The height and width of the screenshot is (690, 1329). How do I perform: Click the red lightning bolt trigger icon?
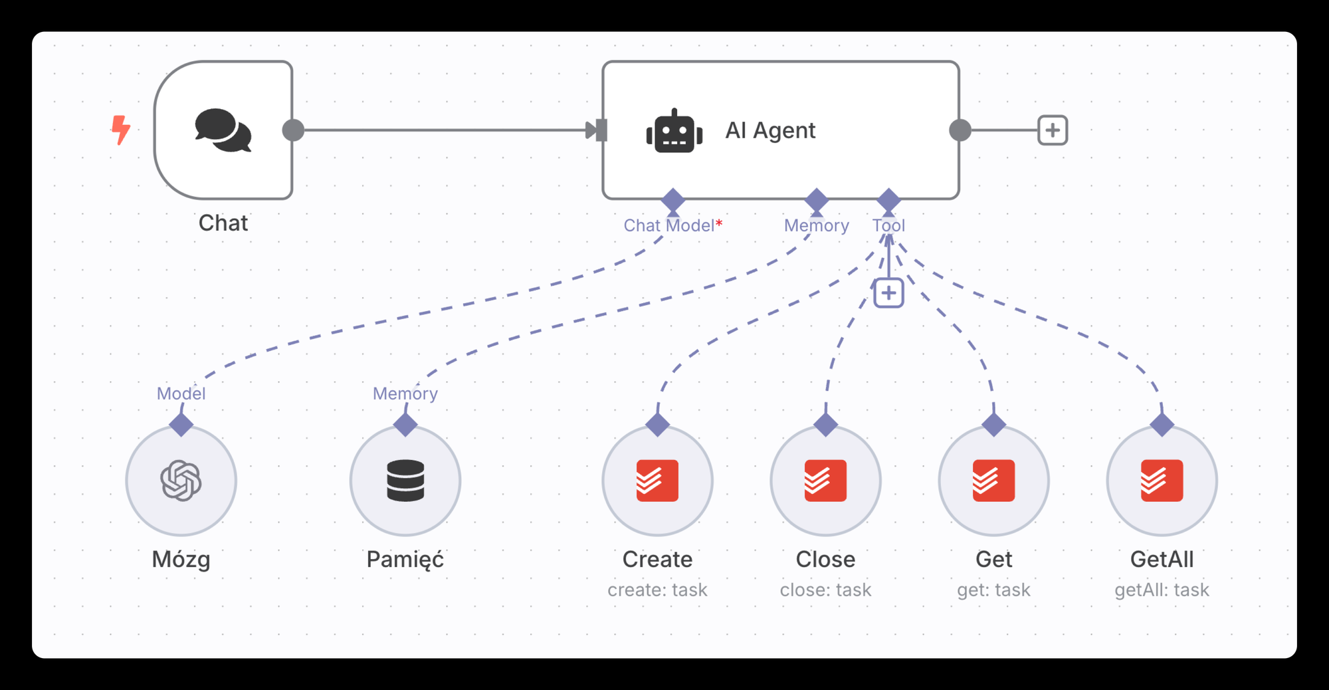click(120, 130)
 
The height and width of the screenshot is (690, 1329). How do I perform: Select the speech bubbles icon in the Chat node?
click(223, 130)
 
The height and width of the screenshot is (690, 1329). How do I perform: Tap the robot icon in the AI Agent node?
click(674, 132)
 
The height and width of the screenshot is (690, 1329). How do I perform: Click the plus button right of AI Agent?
click(1053, 130)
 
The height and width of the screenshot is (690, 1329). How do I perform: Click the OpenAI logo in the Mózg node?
click(181, 481)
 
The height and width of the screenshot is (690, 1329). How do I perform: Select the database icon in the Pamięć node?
click(405, 481)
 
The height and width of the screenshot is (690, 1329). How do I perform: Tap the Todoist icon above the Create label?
click(657, 481)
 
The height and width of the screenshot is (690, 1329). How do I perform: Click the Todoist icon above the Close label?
click(825, 481)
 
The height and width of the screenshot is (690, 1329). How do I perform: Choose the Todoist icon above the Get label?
click(993, 481)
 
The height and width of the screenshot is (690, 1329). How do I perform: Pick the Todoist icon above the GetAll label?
click(1162, 481)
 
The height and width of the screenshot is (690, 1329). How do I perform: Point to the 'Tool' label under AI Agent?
click(888, 226)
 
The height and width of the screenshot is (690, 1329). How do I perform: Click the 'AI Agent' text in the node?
click(770, 130)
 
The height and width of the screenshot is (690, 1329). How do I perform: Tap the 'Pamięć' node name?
click(405, 560)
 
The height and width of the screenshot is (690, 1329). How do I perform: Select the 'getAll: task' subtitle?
click(1162, 590)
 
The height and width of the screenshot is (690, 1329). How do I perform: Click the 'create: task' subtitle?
click(657, 590)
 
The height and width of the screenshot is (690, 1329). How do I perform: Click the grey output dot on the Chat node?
click(293, 130)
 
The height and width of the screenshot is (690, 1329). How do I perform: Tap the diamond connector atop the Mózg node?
click(181, 424)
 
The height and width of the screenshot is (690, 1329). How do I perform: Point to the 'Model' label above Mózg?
click(181, 394)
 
